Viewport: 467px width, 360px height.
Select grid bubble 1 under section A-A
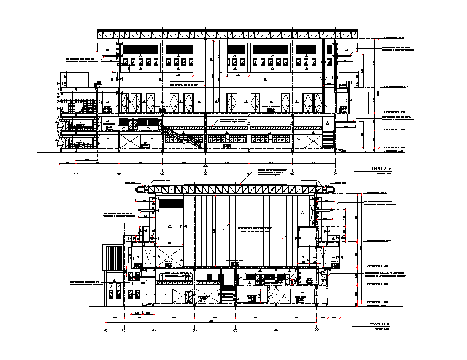[x=76, y=173]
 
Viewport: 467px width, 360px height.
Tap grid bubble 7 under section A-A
[x=335, y=173]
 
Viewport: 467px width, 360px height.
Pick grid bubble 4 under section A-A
[x=205, y=173]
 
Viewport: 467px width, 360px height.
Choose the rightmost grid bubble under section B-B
[x=316, y=329]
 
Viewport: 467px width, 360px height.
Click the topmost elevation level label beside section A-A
[x=393, y=39]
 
